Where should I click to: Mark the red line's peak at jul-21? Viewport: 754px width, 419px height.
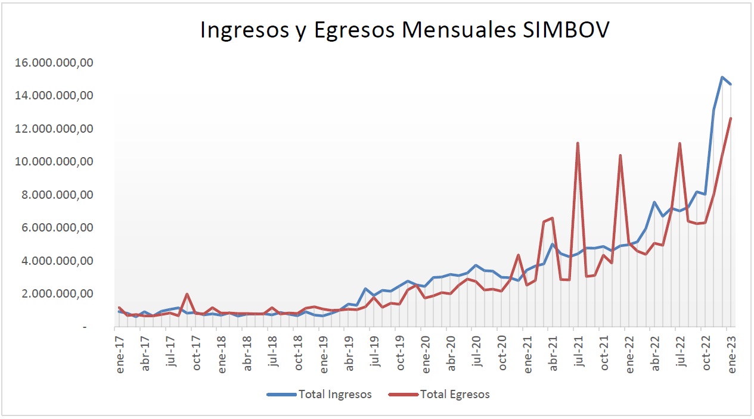[x=578, y=143]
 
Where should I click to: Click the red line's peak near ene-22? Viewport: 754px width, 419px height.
[x=620, y=155]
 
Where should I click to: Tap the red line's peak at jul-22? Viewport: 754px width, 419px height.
[x=679, y=143]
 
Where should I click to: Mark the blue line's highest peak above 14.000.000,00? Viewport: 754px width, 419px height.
[x=722, y=77]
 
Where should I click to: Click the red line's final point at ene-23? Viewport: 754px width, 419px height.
[x=731, y=118]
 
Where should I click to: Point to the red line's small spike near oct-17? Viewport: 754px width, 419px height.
[x=187, y=294]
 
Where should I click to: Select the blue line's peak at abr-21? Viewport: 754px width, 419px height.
[x=553, y=245]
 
